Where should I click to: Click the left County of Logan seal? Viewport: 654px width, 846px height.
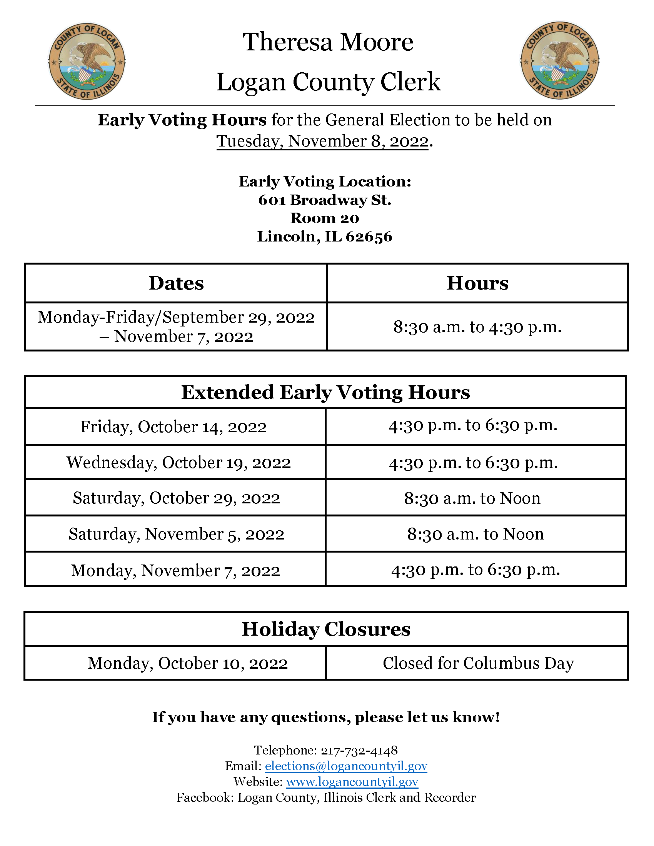click(x=87, y=61)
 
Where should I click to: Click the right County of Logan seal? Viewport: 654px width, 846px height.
click(x=559, y=60)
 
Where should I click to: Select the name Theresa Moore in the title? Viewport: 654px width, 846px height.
click(x=328, y=42)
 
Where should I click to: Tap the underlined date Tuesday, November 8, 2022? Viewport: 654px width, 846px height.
click(x=322, y=142)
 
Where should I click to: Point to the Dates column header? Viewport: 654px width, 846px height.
click(x=176, y=283)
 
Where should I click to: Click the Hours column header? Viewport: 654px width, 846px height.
click(x=477, y=283)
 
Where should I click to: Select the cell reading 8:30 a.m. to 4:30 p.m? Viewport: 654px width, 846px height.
click(x=477, y=327)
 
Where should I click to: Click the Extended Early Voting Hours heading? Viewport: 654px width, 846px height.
click(x=325, y=392)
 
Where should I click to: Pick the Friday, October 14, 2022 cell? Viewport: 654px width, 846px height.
click(x=174, y=427)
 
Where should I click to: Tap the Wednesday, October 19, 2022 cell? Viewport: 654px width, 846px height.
click(x=179, y=463)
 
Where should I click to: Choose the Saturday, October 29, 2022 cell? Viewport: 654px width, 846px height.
click(x=176, y=498)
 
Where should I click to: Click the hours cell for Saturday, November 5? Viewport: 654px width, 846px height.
click(x=475, y=534)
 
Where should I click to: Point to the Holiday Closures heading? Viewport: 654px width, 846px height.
click(x=326, y=629)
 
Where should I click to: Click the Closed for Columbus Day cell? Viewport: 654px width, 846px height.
click(x=478, y=663)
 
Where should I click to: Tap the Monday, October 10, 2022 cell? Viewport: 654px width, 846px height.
click(x=187, y=663)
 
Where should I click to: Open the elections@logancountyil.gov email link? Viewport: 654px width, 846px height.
click(x=346, y=766)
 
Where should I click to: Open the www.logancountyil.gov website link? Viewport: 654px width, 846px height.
click(x=352, y=782)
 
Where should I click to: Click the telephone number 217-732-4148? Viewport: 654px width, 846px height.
click(x=359, y=751)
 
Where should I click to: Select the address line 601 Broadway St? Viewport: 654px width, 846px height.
click(x=325, y=200)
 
